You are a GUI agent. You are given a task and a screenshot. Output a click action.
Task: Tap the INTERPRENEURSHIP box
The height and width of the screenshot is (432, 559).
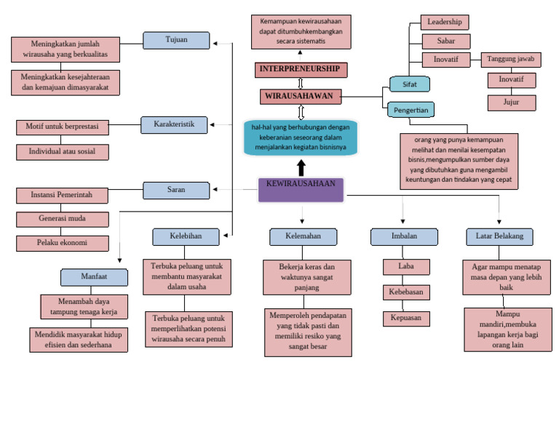[301, 70]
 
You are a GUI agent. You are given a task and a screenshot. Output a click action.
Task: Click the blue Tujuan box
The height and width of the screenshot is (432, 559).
[176, 40]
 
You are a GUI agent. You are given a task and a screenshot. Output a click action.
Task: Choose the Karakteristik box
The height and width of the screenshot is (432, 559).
[173, 125]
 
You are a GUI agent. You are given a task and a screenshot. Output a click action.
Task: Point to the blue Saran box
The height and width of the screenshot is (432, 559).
[176, 191]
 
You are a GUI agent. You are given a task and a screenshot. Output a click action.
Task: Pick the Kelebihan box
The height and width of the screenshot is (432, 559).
[186, 237]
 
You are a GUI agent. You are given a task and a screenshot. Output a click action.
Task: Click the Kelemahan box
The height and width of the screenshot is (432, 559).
[303, 237]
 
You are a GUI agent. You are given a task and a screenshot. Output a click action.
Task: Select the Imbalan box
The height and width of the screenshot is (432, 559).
[404, 237]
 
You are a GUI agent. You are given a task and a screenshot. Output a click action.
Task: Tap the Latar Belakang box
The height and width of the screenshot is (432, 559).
[499, 237]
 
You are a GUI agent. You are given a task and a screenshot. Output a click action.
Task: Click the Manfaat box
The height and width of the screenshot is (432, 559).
[104, 277]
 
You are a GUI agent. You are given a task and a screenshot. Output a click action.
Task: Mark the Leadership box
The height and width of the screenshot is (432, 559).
[445, 23]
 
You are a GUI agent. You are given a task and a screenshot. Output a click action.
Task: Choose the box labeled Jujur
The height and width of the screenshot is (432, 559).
[511, 103]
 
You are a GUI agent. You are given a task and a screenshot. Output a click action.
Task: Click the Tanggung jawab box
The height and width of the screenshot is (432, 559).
[511, 60]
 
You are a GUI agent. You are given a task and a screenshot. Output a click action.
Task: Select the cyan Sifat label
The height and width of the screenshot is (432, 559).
[409, 84]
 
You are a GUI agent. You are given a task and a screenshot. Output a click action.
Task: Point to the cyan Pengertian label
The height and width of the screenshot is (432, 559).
[411, 110]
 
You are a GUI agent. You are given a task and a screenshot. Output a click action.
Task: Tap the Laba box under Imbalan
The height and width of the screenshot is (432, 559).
[406, 267]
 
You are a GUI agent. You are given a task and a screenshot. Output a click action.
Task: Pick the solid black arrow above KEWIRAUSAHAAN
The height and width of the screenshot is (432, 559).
[301, 167]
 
